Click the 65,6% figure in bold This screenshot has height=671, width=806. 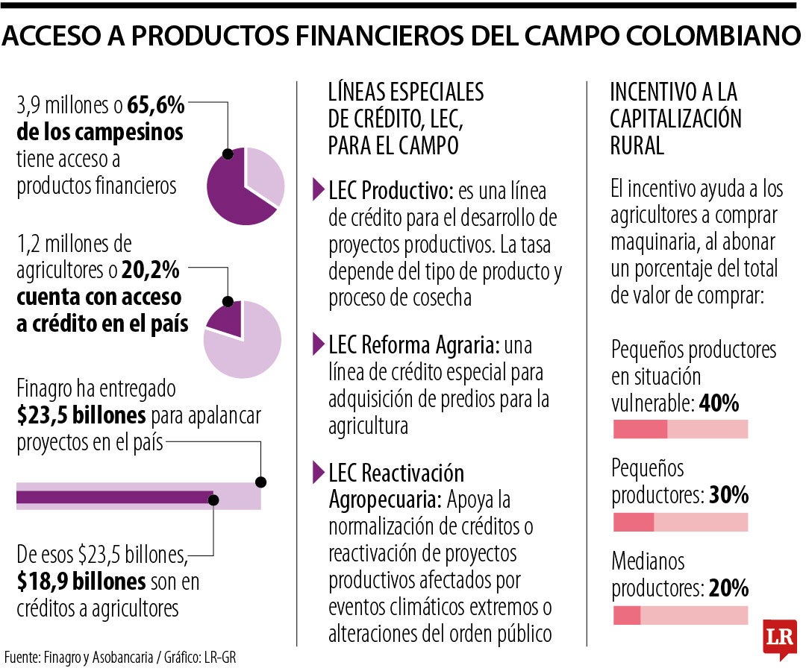[156, 106]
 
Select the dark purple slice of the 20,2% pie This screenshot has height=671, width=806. [227, 321]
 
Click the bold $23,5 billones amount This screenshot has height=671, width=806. [81, 415]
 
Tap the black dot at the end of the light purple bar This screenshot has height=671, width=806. [261, 482]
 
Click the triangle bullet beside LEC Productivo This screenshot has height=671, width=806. [319, 190]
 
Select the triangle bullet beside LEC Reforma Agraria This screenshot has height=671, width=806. [319, 344]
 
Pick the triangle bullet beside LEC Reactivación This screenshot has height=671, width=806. [319, 472]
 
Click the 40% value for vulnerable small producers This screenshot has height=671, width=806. [719, 405]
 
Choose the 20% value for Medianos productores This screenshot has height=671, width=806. [728, 588]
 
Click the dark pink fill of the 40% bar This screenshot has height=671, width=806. [640, 429]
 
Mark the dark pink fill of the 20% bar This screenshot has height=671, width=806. [627, 615]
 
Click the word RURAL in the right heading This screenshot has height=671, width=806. [637, 145]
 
